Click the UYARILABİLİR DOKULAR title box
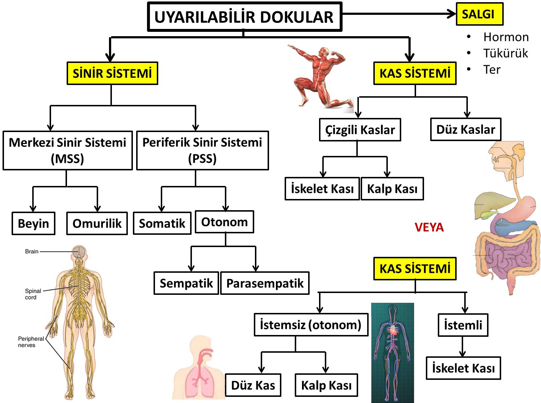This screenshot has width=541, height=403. (244, 17)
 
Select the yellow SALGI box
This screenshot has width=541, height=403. (479, 14)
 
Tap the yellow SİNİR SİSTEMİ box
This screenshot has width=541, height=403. (112, 73)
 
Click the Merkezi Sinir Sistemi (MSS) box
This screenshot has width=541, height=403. (67, 150)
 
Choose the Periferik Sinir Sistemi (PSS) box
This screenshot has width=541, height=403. (202, 150)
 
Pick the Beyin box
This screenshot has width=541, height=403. (33, 223)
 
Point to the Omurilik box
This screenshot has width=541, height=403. (97, 223)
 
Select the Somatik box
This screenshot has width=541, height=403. (162, 223)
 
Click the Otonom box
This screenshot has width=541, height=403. (224, 222)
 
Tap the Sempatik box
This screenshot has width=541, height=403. (186, 283)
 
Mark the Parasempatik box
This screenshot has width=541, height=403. (265, 283)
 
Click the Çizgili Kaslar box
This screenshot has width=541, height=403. (360, 130)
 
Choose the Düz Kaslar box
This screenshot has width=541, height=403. (466, 129)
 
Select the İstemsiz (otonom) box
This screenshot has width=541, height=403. (311, 324)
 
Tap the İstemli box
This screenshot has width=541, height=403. (463, 325)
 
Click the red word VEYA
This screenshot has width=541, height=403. (429, 227)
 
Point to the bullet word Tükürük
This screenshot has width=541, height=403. (506, 53)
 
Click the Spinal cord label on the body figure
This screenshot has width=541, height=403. (33, 294)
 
